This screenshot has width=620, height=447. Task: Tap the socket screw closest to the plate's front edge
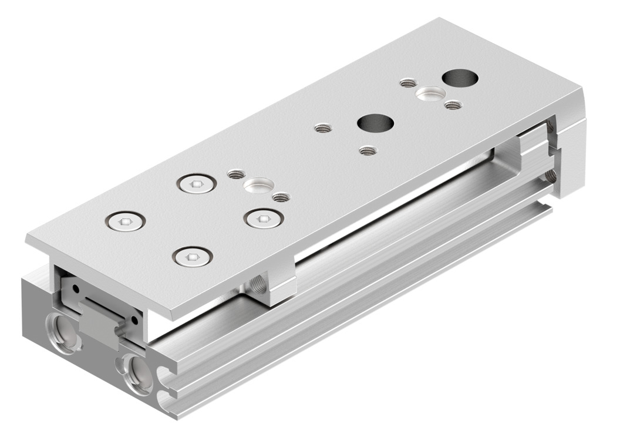(193, 257)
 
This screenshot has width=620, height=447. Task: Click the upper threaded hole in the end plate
(550, 125)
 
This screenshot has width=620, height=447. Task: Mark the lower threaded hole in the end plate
(550, 174)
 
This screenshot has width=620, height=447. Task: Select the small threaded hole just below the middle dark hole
(368, 150)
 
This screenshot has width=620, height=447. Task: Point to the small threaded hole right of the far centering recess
(451, 105)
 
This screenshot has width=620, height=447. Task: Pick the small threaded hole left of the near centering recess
(236, 174)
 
